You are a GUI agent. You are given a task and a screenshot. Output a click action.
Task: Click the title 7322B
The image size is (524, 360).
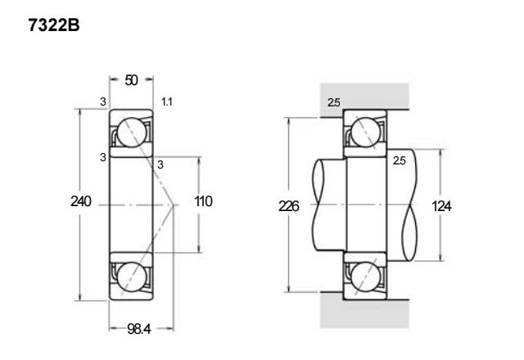[x=54, y=25]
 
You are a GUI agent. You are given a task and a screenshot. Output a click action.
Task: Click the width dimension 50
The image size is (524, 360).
[x=131, y=80]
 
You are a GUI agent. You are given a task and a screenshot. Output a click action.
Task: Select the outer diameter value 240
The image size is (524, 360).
[x=81, y=201]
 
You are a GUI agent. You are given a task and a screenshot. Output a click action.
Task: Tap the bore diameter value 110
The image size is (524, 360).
[x=203, y=201]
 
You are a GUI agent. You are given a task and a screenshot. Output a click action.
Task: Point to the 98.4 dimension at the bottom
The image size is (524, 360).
[x=139, y=329]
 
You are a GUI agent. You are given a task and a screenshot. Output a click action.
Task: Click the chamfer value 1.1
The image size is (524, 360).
[x=167, y=101]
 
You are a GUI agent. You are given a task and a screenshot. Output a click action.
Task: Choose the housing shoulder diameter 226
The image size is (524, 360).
[x=289, y=206]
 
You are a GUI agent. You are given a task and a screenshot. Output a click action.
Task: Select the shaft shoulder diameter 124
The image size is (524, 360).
[x=441, y=206]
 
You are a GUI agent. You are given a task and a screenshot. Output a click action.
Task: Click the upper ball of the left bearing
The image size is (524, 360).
[x=132, y=133]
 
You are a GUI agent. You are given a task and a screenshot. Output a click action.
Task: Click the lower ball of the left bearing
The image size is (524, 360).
[x=132, y=277]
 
